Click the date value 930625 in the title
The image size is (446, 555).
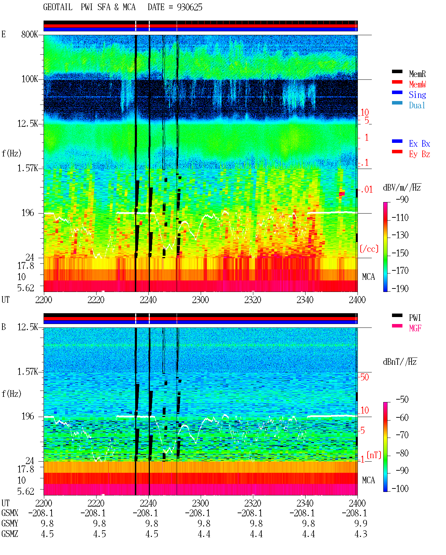pyautogui.click(x=189, y=7)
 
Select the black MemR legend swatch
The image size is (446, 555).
pyautogui.click(x=397, y=71)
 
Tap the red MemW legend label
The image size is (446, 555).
pyautogui.click(x=417, y=84)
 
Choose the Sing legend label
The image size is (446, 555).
pyautogui.click(x=417, y=95)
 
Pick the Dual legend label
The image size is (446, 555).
pyautogui.click(x=417, y=105)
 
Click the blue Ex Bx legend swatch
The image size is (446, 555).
pyautogui.click(x=397, y=141)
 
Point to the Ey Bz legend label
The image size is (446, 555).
pyautogui.click(x=419, y=154)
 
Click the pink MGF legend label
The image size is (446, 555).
pyautogui.click(x=415, y=328)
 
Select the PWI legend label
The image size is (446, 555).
pyautogui.click(x=415, y=317)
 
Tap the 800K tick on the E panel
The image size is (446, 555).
pyautogui.click(x=29, y=34)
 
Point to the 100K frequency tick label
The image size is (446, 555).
pyautogui.click(x=29, y=79)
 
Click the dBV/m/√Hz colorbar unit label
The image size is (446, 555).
pyautogui.click(x=402, y=187)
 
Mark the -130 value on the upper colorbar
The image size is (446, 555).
pyautogui.click(x=400, y=235)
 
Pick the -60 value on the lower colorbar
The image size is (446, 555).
pyautogui.click(x=402, y=417)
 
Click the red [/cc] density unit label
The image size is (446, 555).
pyautogui.click(x=369, y=249)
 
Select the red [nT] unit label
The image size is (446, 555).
pyautogui.click(x=374, y=455)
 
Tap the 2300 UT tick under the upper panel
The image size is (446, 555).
pyautogui.click(x=200, y=300)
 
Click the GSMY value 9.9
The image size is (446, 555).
pyautogui.click(x=361, y=523)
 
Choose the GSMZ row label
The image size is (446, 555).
pyautogui.click(x=10, y=534)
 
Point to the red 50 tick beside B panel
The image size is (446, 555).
pyautogui.click(x=364, y=377)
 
